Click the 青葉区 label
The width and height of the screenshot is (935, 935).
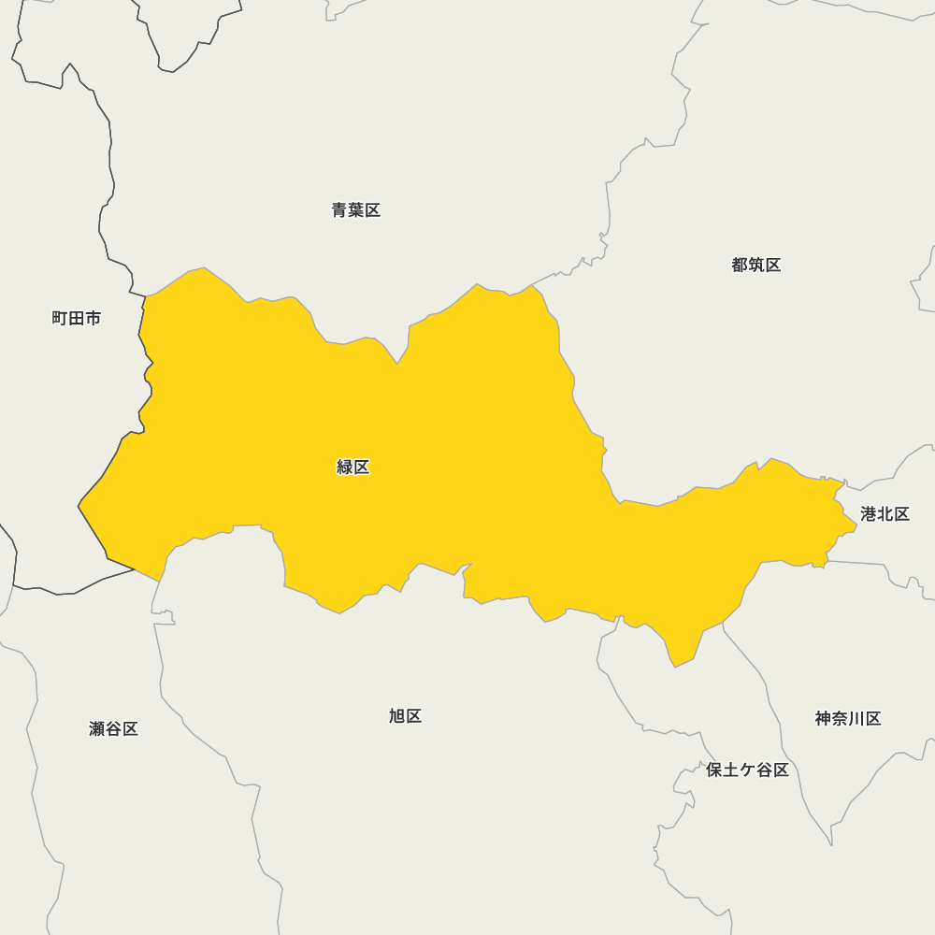click(x=356, y=210)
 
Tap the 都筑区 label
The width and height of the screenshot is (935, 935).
click(x=755, y=265)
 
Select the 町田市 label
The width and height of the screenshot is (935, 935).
click(x=77, y=318)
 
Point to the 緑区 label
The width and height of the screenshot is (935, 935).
click(x=353, y=467)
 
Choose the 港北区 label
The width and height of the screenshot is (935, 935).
click(x=885, y=514)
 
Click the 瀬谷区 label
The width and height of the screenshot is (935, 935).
click(x=113, y=728)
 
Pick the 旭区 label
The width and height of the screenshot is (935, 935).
click(x=405, y=716)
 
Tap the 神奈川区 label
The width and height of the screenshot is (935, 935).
click(x=847, y=718)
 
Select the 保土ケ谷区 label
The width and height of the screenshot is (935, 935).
click(x=747, y=770)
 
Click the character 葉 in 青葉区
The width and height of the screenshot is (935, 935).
click(x=356, y=210)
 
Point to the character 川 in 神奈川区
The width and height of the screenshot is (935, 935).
click(x=856, y=718)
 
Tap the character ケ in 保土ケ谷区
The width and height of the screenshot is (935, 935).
click(x=747, y=770)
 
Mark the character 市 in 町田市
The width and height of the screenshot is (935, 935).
click(x=93, y=318)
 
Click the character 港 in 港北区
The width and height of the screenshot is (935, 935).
click(x=869, y=514)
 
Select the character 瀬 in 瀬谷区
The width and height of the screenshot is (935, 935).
click(x=97, y=728)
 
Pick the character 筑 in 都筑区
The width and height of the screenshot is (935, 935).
click(x=755, y=265)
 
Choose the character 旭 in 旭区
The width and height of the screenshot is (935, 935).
click(x=396, y=716)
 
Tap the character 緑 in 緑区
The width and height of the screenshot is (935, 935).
click(x=345, y=467)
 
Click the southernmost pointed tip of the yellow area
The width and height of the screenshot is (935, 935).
click(x=675, y=667)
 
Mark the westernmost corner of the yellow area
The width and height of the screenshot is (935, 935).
click(x=79, y=507)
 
